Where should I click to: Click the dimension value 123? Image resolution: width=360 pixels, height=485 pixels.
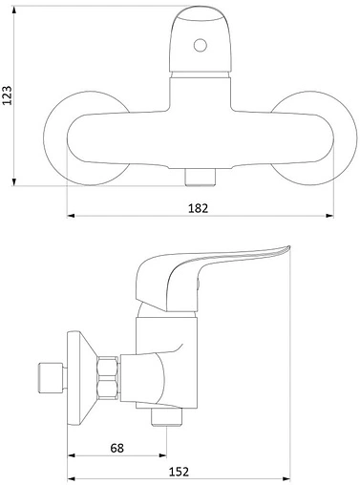[7, 95]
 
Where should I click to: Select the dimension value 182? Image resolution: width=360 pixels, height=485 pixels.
[198, 208]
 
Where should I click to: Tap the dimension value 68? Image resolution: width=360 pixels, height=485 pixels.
[116, 448]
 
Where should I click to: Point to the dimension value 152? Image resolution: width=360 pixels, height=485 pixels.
[179, 472]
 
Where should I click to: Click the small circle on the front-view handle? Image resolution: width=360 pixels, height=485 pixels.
[201, 45]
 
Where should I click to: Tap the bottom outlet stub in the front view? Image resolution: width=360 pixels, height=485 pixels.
[201, 177]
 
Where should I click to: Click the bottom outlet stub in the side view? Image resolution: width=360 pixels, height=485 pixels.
[166, 417]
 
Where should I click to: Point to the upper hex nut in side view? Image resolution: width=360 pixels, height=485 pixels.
[108, 367]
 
